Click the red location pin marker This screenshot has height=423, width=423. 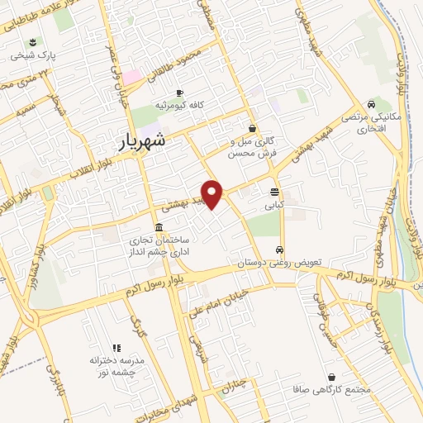point(213,194)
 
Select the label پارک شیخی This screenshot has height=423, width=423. point(31,56)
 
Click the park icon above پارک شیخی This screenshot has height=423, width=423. point(32,42)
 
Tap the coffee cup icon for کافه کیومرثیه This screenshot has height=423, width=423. point(179,93)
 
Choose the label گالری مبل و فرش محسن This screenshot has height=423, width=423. point(253,147)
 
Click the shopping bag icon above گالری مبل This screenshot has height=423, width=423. point(253,128)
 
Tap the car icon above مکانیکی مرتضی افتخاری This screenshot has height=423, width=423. point(373,104)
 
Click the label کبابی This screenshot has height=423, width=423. point(274,202)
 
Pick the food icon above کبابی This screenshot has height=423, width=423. point(274,189)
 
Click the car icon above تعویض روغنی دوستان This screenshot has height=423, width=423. point(281,249)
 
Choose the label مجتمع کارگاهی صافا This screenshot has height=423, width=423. point(330,389)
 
